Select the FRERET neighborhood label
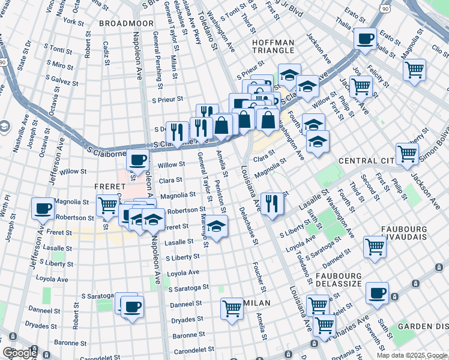[x=109, y=187]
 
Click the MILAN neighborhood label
[x=256, y=303]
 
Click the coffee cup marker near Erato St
[x=365, y=39]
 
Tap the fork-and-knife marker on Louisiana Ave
[x=273, y=203]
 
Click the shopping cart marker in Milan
[x=231, y=308]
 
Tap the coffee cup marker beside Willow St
[x=137, y=160]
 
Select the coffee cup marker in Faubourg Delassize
[x=377, y=293]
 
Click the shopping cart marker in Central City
[x=407, y=154]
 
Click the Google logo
[x=20, y=353]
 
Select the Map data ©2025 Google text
[x=411, y=355]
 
